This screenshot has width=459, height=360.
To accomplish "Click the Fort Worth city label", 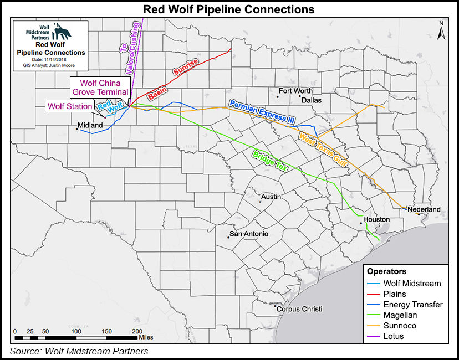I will click(x=295, y=91).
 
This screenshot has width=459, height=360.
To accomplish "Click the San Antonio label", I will click(x=249, y=234).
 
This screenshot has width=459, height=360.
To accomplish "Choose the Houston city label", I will click(x=376, y=219).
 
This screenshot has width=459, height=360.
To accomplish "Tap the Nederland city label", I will click(x=424, y=209).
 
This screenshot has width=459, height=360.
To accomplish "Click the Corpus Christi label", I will click(x=299, y=309).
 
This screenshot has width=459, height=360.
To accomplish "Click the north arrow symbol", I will click(x=441, y=31).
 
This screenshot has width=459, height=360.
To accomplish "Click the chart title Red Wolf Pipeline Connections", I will click(x=229, y=9).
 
